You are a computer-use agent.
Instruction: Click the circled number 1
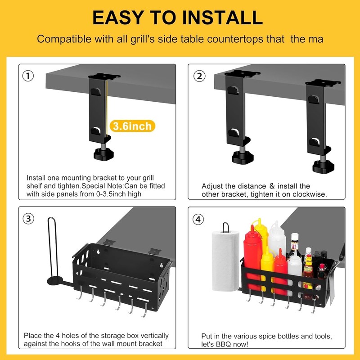coord(28,76)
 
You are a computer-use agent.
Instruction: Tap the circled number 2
coord(199,76)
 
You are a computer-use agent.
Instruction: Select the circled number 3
coord(28,219)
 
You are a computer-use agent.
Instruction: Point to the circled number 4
coord(198,219)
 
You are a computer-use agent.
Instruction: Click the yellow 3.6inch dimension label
coord(132,126)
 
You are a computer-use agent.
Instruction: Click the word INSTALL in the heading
coord(222,18)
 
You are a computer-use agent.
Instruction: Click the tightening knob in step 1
coord(103,154)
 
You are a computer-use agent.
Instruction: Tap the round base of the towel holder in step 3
coord(55,281)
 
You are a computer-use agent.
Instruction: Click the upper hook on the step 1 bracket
coord(95,92)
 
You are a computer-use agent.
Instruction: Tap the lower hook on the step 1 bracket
coord(95,131)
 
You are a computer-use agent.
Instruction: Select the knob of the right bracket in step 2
coord(323,166)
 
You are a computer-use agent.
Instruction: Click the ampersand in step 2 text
coord(272,186)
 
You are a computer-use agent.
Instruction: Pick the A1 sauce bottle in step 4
coord(294,247)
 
